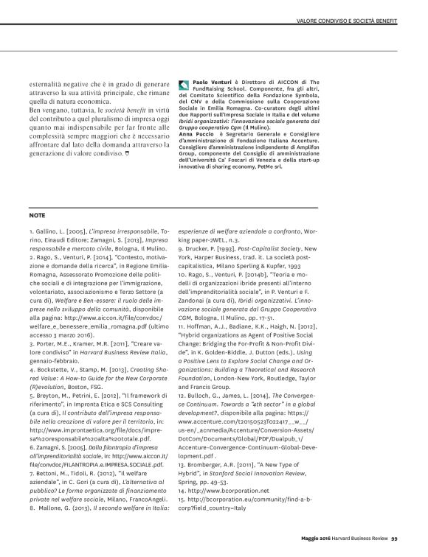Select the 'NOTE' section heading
tap(37, 217)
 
